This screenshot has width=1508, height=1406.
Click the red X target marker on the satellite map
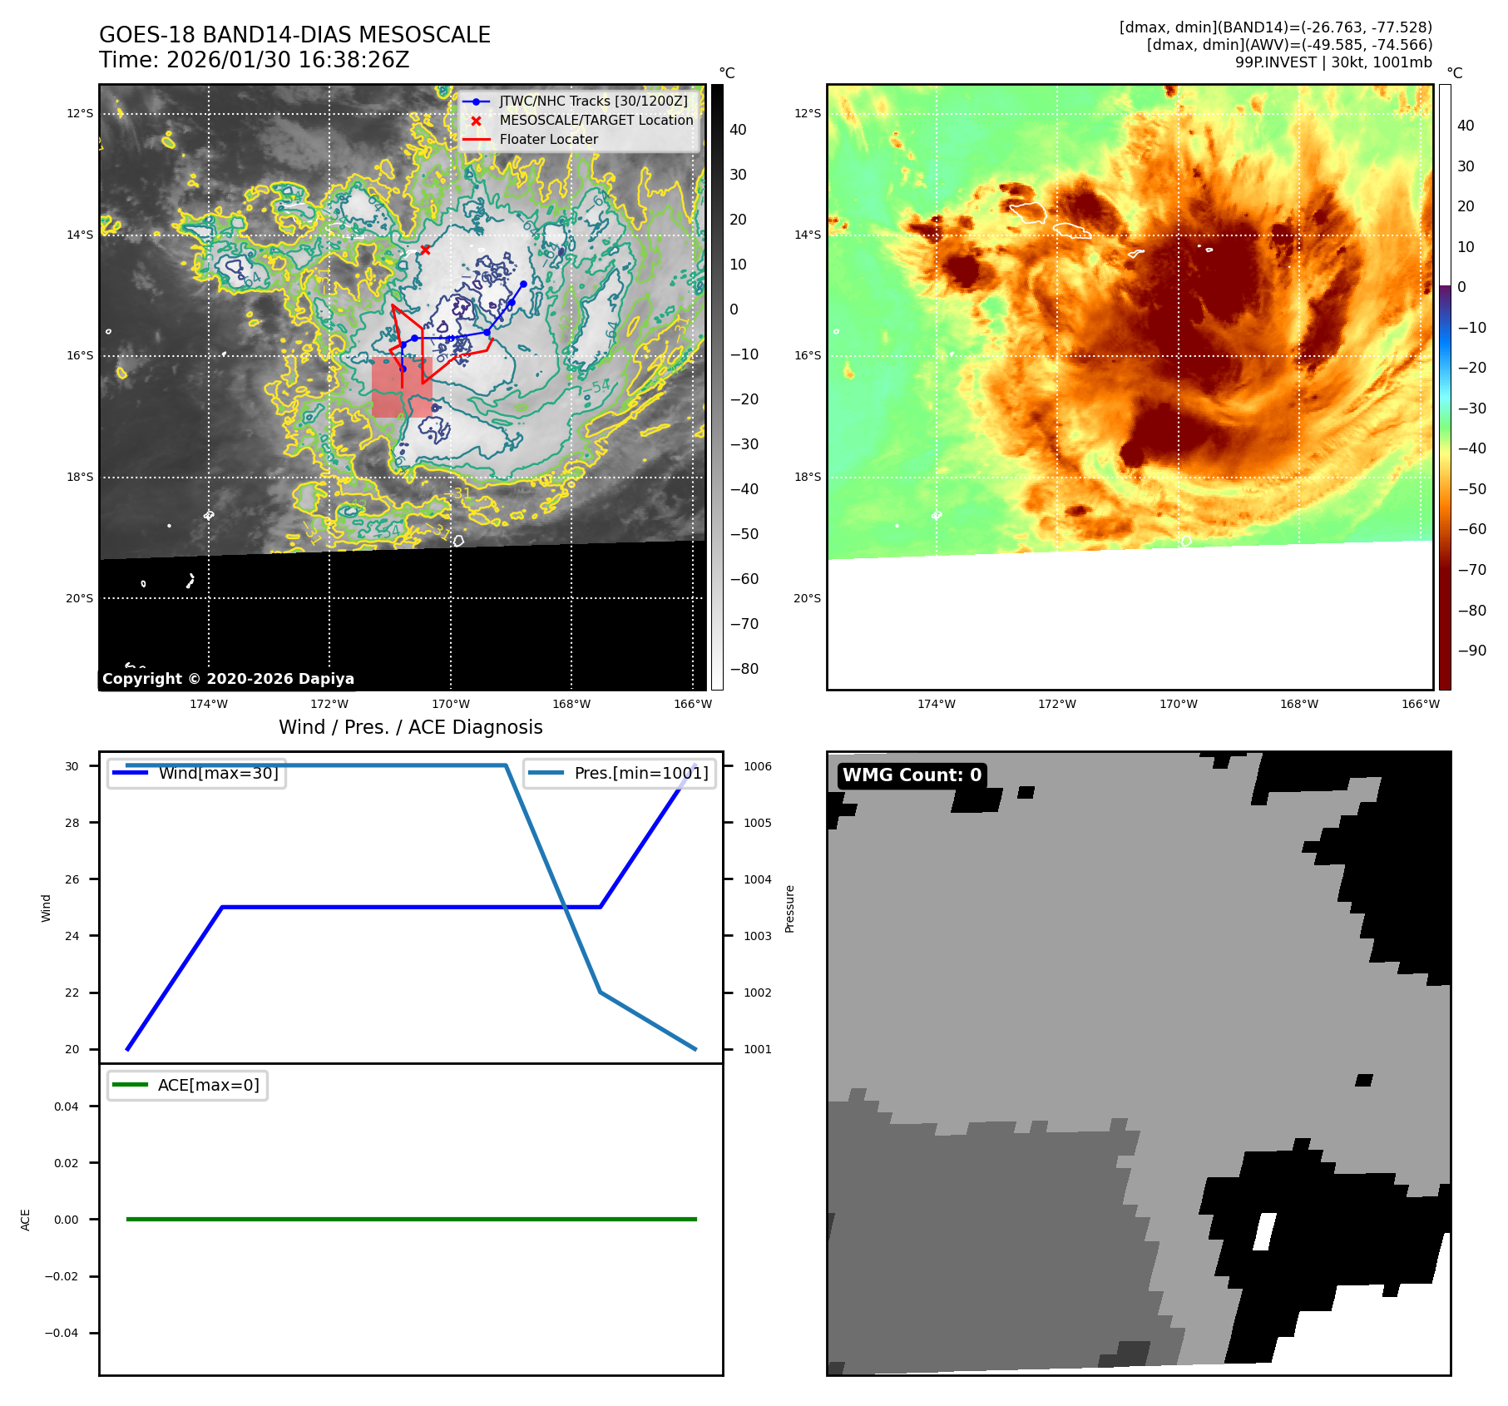425,250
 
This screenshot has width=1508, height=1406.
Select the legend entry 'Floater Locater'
548,140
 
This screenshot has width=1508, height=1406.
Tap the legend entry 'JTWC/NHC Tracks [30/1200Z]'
593,101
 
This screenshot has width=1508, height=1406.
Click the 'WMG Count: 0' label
912,775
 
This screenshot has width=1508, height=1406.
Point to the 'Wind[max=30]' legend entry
218,773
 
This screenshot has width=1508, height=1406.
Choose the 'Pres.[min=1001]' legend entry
640,773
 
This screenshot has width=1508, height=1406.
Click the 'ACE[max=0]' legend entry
208,1085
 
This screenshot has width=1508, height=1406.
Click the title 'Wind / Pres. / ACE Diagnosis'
410,727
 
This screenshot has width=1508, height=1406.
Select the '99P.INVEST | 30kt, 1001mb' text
1333,62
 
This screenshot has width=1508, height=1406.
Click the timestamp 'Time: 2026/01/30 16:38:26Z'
254,60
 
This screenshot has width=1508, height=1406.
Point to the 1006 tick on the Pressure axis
757,766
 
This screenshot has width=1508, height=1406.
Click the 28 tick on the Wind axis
72,823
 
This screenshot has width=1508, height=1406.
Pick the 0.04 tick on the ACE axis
67,1106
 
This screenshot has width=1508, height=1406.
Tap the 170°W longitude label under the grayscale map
451,704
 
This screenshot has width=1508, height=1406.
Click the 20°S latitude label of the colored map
807,598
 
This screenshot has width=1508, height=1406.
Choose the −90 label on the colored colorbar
1471,651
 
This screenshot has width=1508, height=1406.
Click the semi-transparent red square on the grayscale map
402,388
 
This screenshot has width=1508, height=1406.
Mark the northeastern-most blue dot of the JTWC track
523,285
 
